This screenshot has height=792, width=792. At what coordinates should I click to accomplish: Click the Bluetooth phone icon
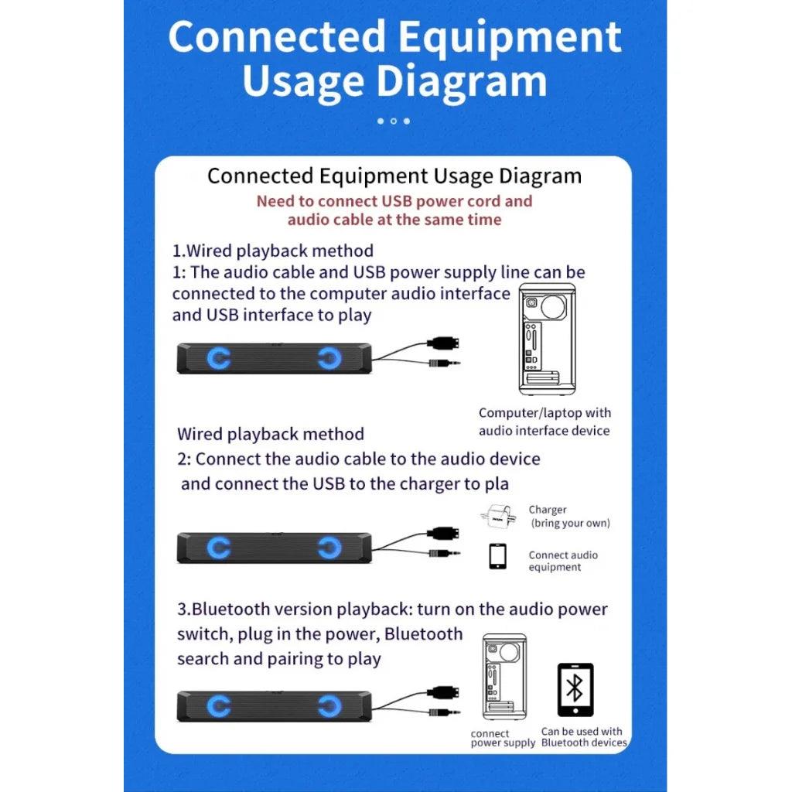[575, 690]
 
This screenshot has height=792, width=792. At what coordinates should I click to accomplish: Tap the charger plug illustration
[498, 517]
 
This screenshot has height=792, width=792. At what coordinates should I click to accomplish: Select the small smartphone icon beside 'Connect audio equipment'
[497, 557]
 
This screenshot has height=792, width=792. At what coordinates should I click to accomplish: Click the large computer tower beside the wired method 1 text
[548, 339]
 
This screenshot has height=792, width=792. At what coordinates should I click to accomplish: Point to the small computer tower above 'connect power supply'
[504, 676]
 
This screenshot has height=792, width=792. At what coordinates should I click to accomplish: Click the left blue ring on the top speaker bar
[219, 358]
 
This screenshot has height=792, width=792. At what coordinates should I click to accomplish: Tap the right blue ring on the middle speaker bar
[329, 548]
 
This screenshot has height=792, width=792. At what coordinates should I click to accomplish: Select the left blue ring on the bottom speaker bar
[219, 705]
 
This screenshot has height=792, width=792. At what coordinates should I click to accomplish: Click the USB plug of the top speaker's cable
[443, 343]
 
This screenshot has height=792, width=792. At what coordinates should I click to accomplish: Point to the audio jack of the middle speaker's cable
[445, 553]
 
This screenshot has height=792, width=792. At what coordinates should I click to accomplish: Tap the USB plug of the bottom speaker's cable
[443, 692]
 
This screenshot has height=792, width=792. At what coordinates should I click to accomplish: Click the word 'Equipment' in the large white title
[509, 37]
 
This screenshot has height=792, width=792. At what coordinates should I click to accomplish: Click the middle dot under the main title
[394, 121]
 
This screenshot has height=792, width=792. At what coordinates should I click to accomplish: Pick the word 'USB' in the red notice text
[397, 201]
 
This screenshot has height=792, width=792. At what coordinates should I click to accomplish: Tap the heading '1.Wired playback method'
[273, 251]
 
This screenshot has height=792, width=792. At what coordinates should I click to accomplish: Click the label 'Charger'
[548, 510]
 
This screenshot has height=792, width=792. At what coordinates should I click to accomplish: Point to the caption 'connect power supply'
[503, 738]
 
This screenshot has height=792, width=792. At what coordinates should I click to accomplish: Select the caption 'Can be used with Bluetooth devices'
[584, 737]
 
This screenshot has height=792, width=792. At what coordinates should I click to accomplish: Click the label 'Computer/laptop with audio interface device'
[544, 422]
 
